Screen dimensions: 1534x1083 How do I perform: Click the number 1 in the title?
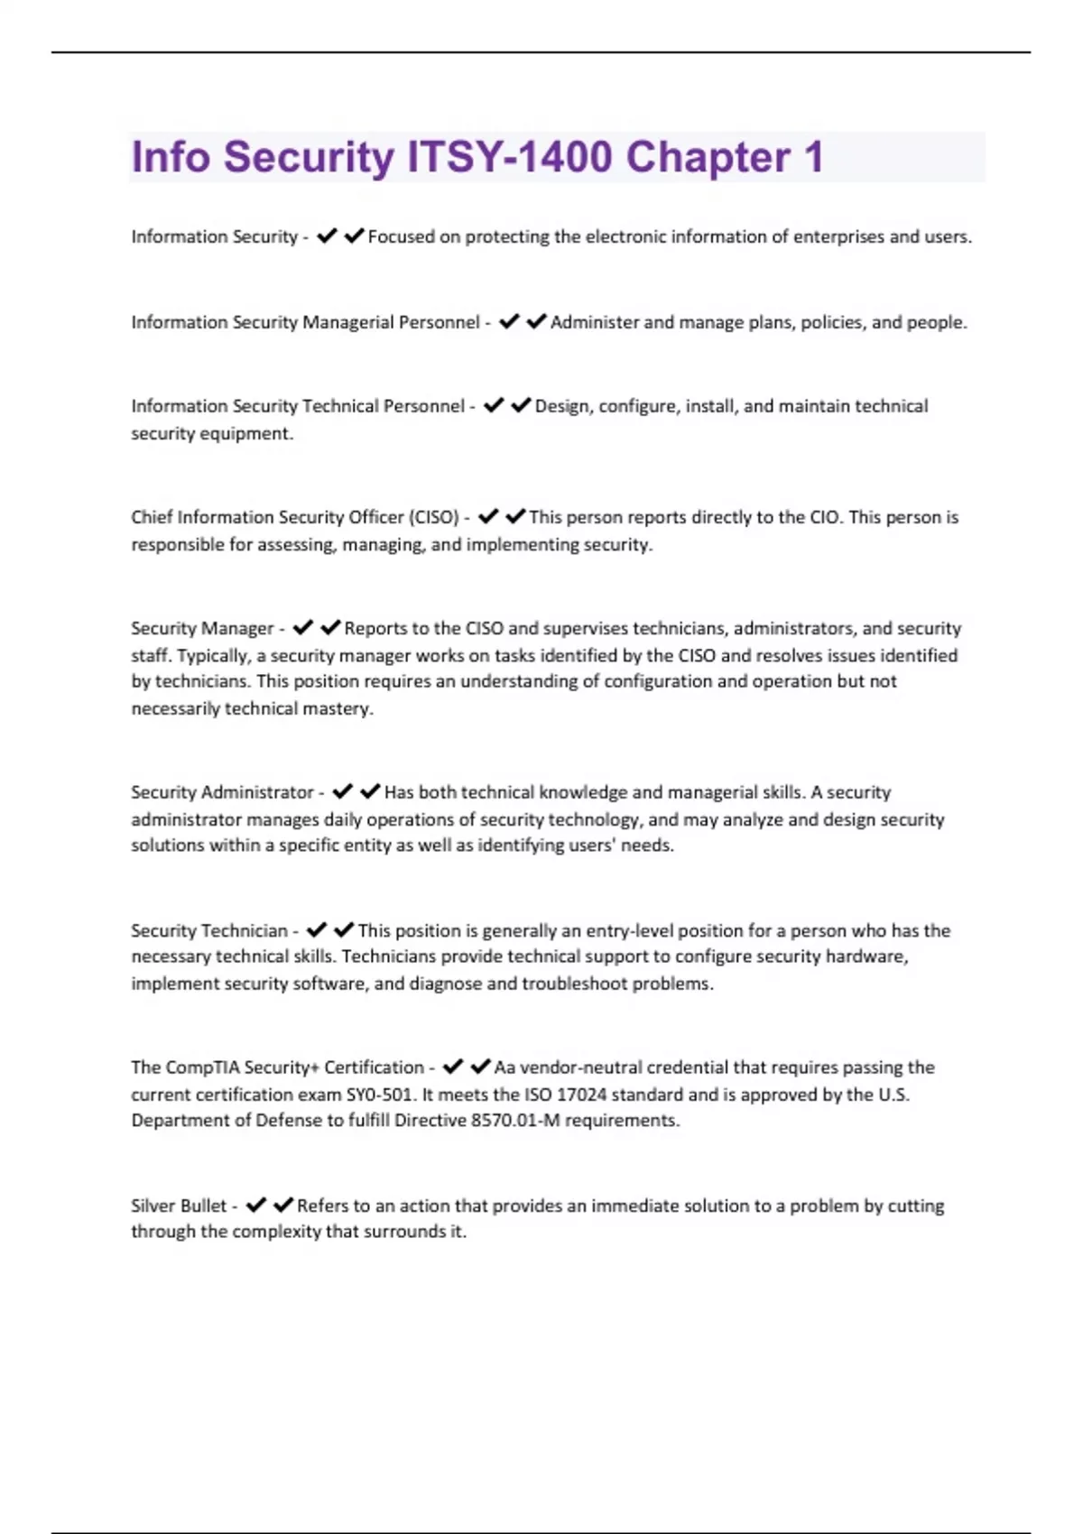click(x=814, y=158)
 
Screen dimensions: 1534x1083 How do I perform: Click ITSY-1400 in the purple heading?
click(x=510, y=158)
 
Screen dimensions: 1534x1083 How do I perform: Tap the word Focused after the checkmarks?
click(x=402, y=237)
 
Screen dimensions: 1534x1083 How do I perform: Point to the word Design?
click(x=562, y=406)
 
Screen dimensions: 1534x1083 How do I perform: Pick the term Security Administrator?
click(x=222, y=792)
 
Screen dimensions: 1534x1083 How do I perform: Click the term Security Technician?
click(x=209, y=930)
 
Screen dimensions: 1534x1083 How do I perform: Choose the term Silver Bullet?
click(x=179, y=1206)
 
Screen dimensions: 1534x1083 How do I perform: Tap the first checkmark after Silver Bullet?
click(x=256, y=1205)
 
